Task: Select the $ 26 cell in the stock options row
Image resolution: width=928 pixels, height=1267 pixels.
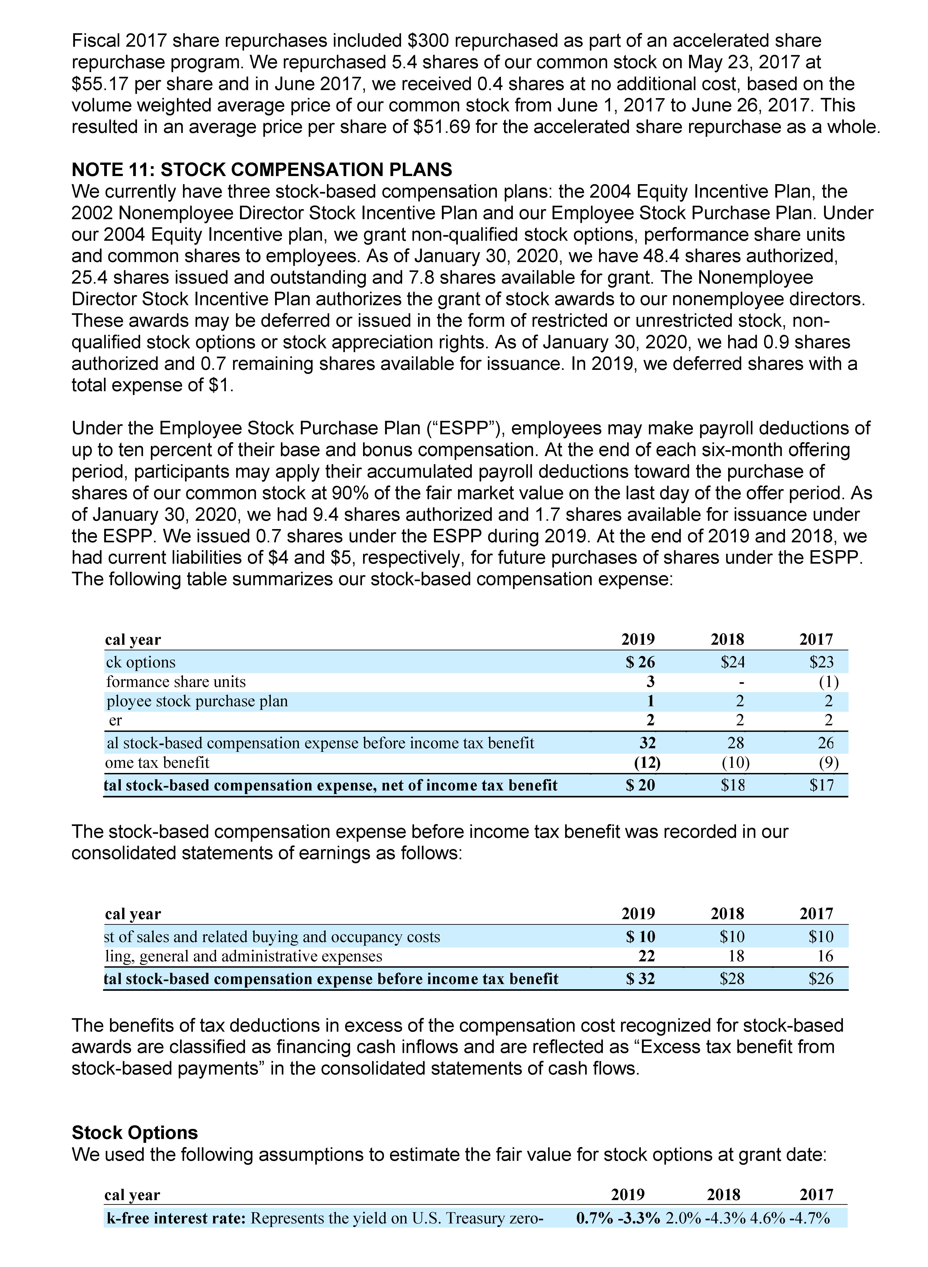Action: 640,662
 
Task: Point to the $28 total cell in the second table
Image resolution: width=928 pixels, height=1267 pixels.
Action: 732,979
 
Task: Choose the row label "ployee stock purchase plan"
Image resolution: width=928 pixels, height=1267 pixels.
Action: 197,701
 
